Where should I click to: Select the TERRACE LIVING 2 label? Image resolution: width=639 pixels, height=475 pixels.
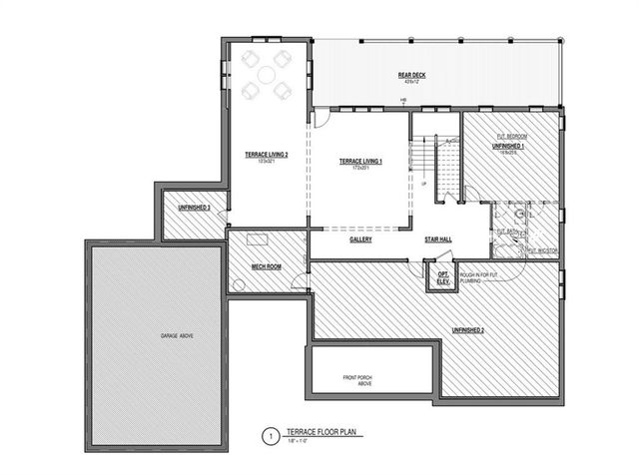(x=267, y=155)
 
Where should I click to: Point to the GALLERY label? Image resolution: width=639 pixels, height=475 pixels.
(x=360, y=239)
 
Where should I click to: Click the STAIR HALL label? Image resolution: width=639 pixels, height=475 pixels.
(x=440, y=239)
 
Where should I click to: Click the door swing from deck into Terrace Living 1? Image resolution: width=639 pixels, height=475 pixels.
(x=321, y=118)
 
